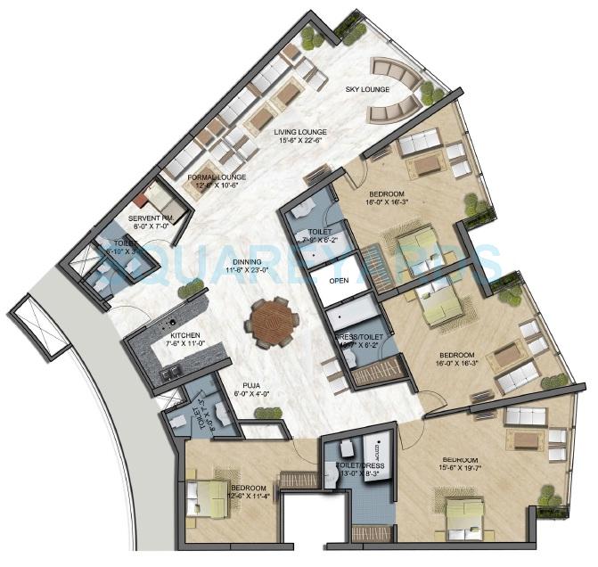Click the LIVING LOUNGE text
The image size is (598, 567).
pos(302,130)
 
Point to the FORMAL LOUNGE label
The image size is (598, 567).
pos(212,177)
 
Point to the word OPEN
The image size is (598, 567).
pos(339,280)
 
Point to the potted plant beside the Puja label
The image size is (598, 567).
pos(265,413)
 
